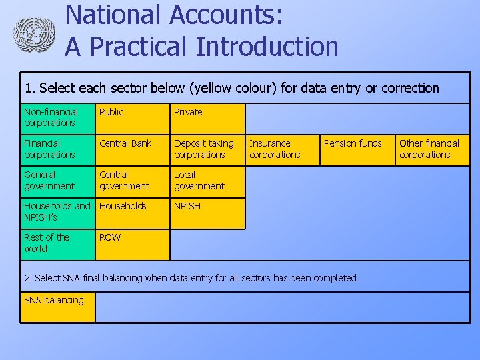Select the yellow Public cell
pyautogui.click(x=132, y=119)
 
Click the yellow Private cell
pyautogui.click(x=207, y=119)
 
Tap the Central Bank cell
pyautogui.click(x=132, y=150)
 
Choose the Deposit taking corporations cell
pyautogui.click(x=207, y=150)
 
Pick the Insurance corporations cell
pyautogui.click(x=283, y=150)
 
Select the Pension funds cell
pyautogui.click(x=357, y=150)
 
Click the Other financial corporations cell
pyautogui.click(x=433, y=150)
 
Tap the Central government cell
pyautogui.click(x=132, y=181)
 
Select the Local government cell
pyautogui.click(x=207, y=181)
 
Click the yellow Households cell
pyautogui.click(x=132, y=213)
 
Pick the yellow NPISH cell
pyautogui.click(x=207, y=213)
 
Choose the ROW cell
pyautogui.click(x=132, y=244)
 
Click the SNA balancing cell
pyautogui.click(x=58, y=307)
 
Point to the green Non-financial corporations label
pyautogui.click(x=58, y=119)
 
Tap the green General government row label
pyautogui.click(x=58, y=181)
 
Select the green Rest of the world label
pyautogui.click(x=58, y=244)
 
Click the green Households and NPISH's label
pyautogui.click(x=58, y=213)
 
